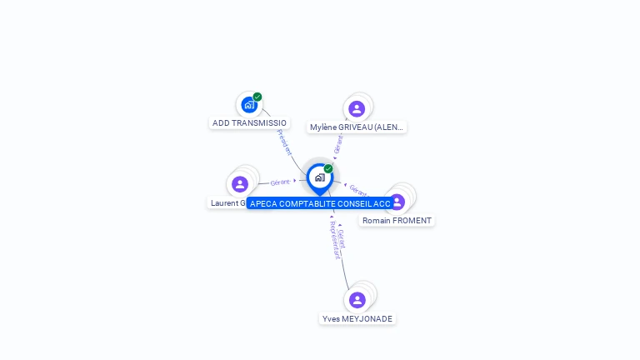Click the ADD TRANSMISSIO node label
pyautogui.click(x=249, y=122)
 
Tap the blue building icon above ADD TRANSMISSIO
pyautogui.click(x=248, y=104)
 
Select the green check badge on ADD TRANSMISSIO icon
pyautogui.click(x=257, y=97)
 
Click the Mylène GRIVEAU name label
pyautogui.click(x=357, y=127)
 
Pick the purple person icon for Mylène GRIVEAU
pyautogui.click(x=357, y=108)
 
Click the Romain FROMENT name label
pyautogui.click(x=397, y=221)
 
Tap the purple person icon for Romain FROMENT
pyautogui.click(x=397, y=201)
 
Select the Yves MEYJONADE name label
pyautogui.click(x=357, y=318)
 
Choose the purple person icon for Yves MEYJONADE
pyautogui.click(x=357, y=299)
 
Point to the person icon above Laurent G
pyautogui.click(x=240, y=183)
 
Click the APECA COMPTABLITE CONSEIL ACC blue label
pyautogui.click(x=320, y=203)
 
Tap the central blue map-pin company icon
pyautogui.click(x=319, y=177)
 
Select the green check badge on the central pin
pyautogui.click(x=328, y=168)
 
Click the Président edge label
pyautogui.click(x=284, y=142)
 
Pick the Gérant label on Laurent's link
pyautogui.click(x=280, y=182)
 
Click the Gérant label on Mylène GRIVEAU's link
pyautogui.click(x=338, y=145)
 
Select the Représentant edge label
pyautogui.click(x=334, y=240)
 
